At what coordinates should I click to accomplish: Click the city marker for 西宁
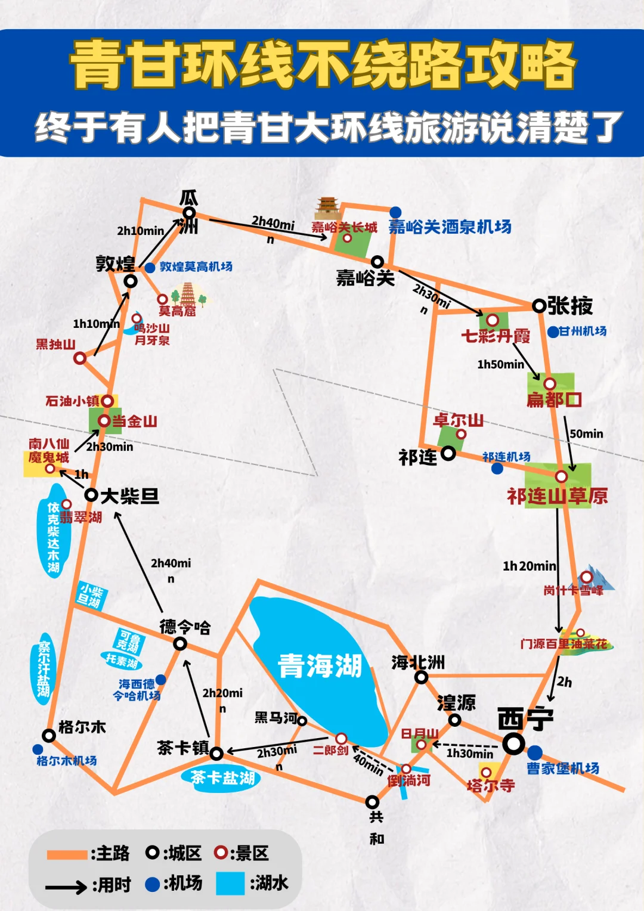tap(513, 743)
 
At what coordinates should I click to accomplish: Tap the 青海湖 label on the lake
tap(320, 665)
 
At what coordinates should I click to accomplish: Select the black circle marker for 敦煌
tap(130, 281)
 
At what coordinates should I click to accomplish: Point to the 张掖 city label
tap(570, 306)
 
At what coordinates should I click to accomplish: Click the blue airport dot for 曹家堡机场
tap(535, 752)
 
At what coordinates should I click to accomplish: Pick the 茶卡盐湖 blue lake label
tap(222, 777)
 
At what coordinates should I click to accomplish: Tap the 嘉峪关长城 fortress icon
tap(327, 209)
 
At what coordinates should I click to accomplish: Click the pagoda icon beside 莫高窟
tap(188, 293)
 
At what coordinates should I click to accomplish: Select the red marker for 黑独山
tap(80, 358)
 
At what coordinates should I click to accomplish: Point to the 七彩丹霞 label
tap(496, 336)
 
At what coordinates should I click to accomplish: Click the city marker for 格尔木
tap(49, 736)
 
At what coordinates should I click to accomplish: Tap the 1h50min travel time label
tap(500, 364)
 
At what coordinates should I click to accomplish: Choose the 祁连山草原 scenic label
tap(557, 496)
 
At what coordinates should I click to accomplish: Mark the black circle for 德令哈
tap(180, 644)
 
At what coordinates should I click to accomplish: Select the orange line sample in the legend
tap(67, 854)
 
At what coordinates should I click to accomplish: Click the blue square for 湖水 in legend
tap(230, 884)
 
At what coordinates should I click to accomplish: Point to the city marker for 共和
tap(372, 802)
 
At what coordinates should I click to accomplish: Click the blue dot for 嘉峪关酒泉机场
tap(395, 212)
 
